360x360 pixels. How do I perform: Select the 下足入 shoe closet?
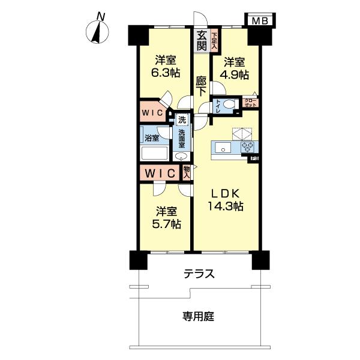point(214,40)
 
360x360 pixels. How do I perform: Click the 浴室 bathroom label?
point(152,138)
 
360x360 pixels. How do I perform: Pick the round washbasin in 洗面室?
point(181,156)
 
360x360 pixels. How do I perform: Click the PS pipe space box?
point(255,158)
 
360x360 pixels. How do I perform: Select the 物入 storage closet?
point(187,173)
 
